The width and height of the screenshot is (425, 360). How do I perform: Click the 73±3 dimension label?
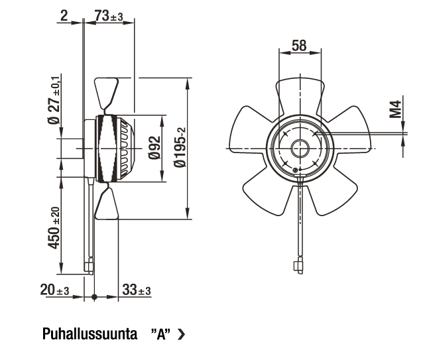(109, 16)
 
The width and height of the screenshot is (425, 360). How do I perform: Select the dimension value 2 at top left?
(64, 16)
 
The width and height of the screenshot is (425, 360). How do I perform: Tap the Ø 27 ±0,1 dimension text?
(54, 99)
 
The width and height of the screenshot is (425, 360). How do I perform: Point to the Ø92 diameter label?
(154, 148)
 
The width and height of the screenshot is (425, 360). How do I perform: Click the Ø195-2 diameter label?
(180, 148)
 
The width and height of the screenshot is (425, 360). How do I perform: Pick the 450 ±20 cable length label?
(54, 227)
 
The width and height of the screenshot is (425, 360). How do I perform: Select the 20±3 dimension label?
(55, 290)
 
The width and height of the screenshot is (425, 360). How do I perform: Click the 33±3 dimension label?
(137, 290)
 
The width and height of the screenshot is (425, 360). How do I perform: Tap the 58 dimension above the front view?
(299, 46)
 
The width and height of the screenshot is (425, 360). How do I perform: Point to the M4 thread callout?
(395, 109)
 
